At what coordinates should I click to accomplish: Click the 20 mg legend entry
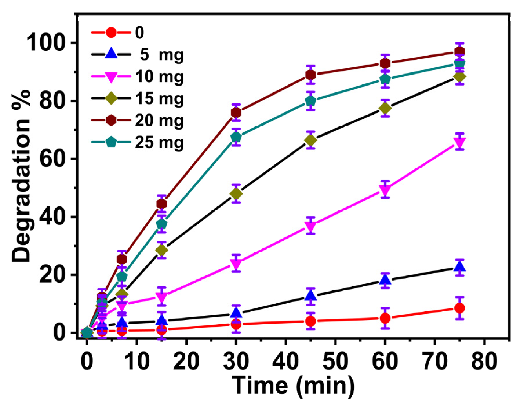(138, 120)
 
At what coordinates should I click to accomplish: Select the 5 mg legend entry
(138, 54)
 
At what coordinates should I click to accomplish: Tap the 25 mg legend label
(159, 142)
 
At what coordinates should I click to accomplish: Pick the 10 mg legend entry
(138, 77)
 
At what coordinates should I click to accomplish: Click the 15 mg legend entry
(138, 99)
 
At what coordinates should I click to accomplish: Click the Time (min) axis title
(293, 385)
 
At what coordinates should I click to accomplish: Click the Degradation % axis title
(22, 177)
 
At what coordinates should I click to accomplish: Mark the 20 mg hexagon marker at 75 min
(460, 52)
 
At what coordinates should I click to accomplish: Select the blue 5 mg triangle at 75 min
(460, 266)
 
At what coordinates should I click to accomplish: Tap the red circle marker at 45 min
(310, 321)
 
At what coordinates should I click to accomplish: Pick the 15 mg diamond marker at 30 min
(236, 193)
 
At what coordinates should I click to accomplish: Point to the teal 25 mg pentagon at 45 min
(310, 101)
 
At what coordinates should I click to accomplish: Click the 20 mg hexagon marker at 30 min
(236, 112)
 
